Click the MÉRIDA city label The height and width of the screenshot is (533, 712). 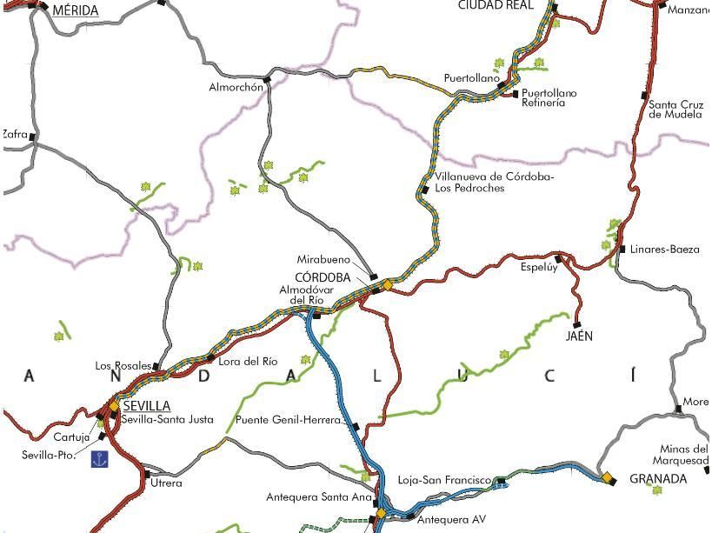pos(76,11)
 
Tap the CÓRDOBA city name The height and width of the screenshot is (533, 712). pos(323,277)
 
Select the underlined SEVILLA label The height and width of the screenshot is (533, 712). pos(147,406)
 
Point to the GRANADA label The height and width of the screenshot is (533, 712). pos(658,479)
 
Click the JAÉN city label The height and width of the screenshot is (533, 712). pos(579,336)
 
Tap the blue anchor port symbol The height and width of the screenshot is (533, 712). pos(100,458)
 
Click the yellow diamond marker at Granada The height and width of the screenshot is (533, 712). pos(607,477)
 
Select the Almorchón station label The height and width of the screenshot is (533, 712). pos(236,87)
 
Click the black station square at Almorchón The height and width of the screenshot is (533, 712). pos(268,80)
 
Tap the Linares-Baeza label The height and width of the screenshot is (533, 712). pos(664,250)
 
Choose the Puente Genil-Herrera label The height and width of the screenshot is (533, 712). pos(289,420)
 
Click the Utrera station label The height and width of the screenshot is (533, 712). pos(166,483)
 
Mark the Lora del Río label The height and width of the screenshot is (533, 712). pos(248,361)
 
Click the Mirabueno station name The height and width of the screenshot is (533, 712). pos(323,259)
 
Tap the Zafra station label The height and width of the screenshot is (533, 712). pos(15,134)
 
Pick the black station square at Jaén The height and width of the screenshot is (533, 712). pos(576,325)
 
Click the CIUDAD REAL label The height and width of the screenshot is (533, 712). pos(495,5)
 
